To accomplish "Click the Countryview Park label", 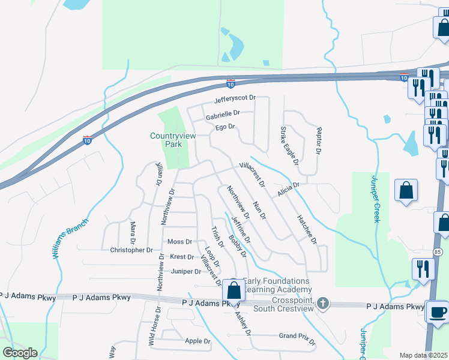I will [166, 140].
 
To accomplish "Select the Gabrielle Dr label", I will [223, 113].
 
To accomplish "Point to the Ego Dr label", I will [224, 127].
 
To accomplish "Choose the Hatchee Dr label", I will [306, 229].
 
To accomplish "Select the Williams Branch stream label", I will [70, 239].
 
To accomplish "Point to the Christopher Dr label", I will [131, 250].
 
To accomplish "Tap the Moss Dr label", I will [179, 242].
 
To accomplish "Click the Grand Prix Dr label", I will [297, 338].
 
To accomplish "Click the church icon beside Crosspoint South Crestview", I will [323, 302].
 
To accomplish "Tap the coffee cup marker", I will [436, 312].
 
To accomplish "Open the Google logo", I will [20, 353].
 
